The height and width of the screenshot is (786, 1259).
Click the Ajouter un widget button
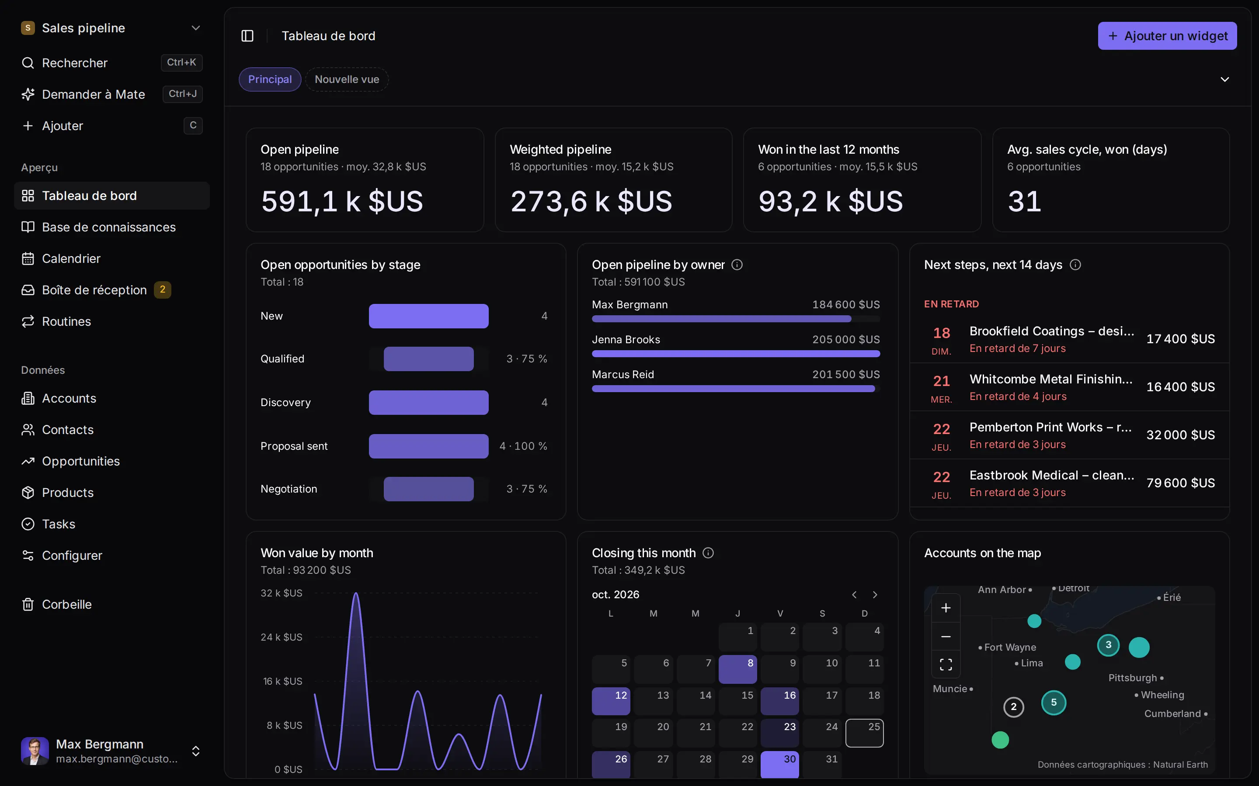tap(1167, 36)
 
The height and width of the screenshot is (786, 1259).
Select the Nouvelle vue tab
tap(347, 79)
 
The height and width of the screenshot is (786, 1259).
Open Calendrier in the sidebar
tap(71, 259)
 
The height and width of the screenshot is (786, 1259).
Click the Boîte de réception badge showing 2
tap(162, 290)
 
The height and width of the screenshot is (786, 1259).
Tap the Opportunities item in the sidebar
tap(80, 461)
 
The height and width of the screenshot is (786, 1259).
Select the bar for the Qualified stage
tap(429, 359)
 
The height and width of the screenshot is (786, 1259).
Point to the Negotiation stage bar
tap(429, 489)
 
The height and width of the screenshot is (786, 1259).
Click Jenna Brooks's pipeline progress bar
tap(736, 354)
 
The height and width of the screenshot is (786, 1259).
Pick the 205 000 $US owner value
tap(846, 339)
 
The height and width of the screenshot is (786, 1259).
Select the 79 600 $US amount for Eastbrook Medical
tap(1180, 483)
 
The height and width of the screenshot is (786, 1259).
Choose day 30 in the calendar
tap(779, 764)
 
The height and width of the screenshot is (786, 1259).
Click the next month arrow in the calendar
tap(875, 595)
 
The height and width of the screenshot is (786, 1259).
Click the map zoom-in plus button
tap(946, 608)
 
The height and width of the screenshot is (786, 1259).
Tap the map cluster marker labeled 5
tap(1054, 703)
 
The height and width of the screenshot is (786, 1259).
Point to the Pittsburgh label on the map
tap(1133, 678)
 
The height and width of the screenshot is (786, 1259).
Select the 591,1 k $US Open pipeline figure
tap(342, 201)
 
